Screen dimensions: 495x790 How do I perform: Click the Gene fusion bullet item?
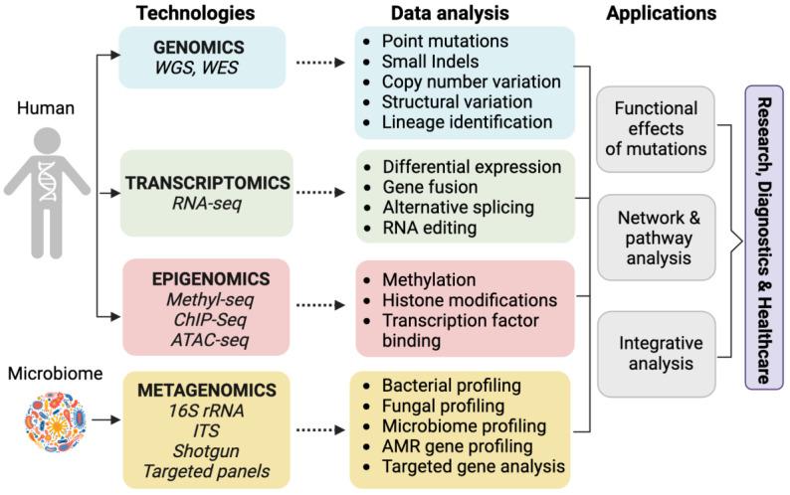429,186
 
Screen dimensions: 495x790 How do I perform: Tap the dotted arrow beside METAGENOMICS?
321,429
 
